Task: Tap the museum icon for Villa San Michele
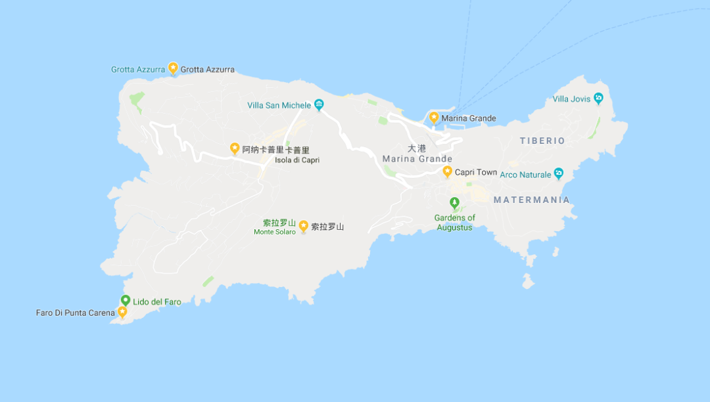coord(319,104)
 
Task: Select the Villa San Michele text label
coord(279,105)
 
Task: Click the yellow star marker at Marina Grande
coord(434,117)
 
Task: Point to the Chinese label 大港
coord(417,148)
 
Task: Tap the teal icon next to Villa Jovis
coord(598,99)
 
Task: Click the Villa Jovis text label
coord(571,100)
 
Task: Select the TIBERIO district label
coord(542,141)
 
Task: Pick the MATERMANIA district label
coord(531,200)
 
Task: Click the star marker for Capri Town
coord(447,171)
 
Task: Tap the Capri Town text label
coord(476,173)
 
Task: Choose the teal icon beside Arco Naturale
coord(558,173)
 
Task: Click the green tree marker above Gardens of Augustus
coord(454,202)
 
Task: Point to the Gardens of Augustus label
coord(454,223)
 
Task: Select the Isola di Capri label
coord(297,160)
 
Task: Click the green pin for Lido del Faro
coord(125,300)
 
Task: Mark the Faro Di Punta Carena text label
coord(75,313)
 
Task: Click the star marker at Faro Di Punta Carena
coord(122,312)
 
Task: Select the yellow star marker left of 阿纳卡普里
coord(235,148)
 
